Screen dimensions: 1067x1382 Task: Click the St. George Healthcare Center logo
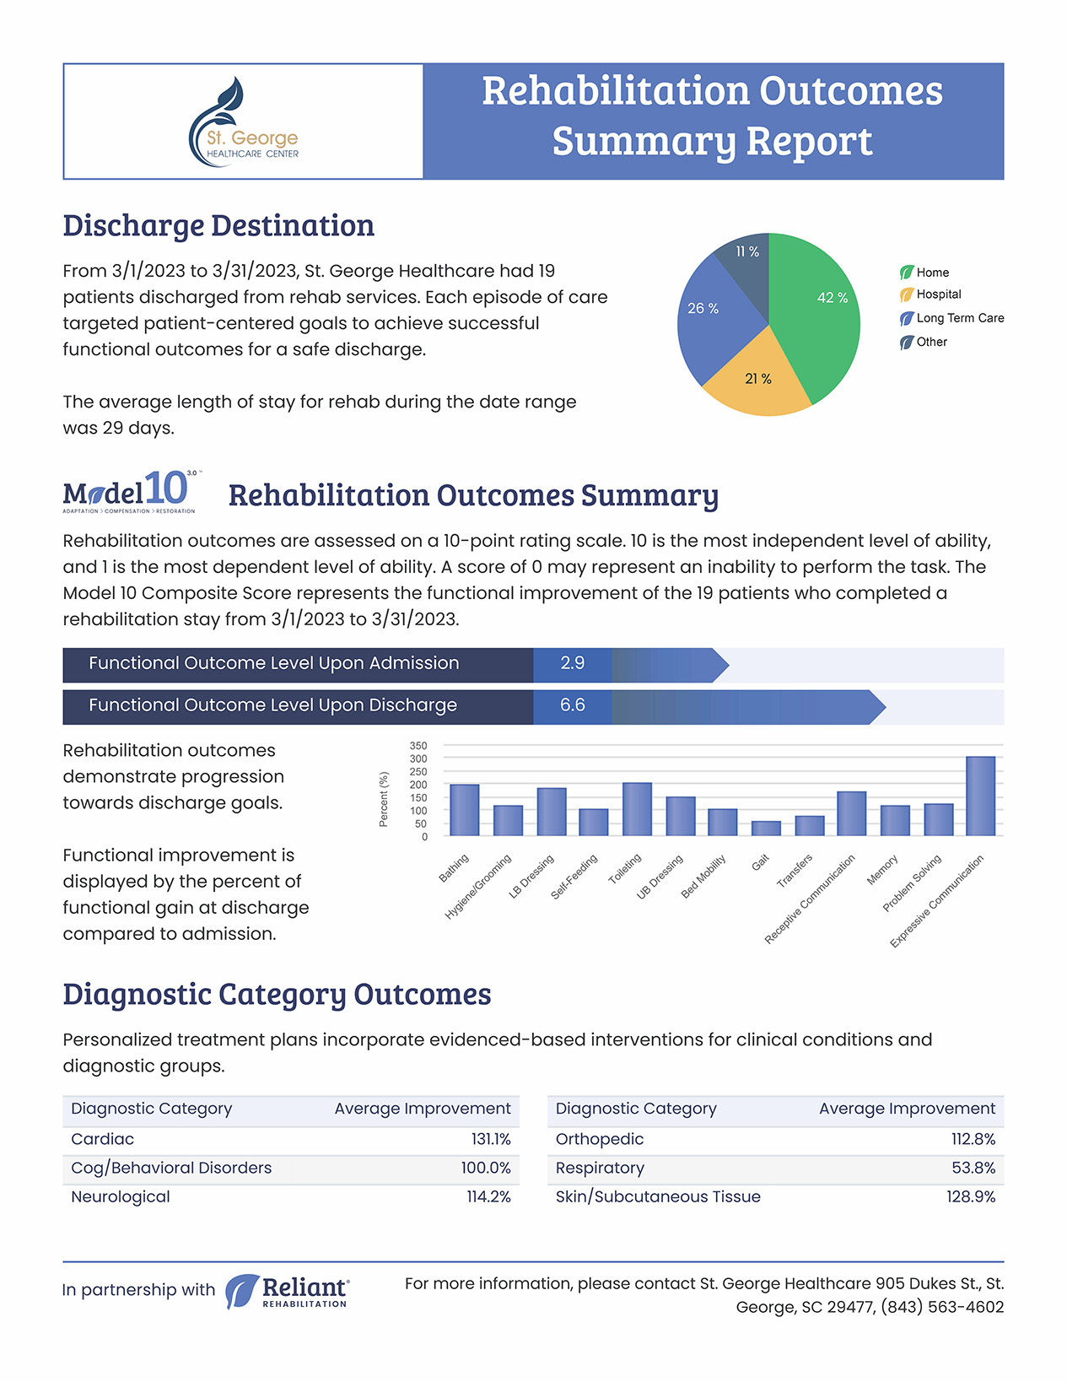click(x=244, y=122)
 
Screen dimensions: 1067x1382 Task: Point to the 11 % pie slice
click(x=745, y=267)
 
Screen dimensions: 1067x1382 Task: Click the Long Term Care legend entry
click(x=951, y=318)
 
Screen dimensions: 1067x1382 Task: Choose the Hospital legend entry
click(x=930, y=294)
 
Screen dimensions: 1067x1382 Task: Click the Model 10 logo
click(x=131, y=492)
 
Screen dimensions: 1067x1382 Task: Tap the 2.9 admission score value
click(x=572, y=662)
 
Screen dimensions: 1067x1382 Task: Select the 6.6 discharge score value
click(x=572, y=704)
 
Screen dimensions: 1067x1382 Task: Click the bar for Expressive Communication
click(x=981, y=796)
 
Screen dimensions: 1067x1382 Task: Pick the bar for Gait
click(x=766, y=828)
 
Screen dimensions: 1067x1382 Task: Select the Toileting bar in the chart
click(x=637, y=809)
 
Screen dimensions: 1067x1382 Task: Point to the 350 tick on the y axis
click(x=418, y=745)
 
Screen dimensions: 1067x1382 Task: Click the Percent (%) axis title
click(x=383, y=799)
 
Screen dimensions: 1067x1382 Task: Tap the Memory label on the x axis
click(x=883, y=869)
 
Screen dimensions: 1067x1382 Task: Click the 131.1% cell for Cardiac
click(x=491, y=1138)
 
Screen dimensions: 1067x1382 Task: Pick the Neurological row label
click(x=120, y=1196)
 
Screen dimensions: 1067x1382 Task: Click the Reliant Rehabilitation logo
click(x=288, y=1291)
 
